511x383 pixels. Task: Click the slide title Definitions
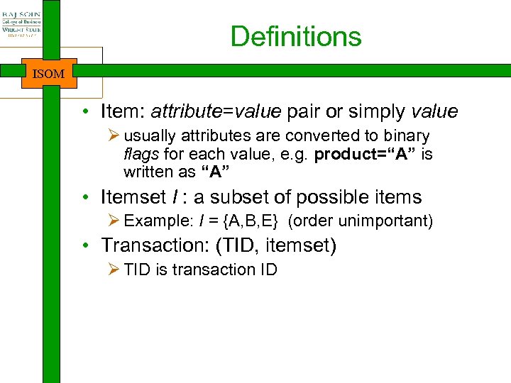coord(296,37)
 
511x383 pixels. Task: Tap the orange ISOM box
coord(49,73)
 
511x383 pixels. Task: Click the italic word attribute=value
coord(216,112)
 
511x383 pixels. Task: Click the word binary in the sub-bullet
coord(405,136)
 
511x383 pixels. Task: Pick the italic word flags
coord(141,154)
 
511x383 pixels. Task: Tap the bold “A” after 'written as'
coord(220,172)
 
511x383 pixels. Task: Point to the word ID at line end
coord(268,270)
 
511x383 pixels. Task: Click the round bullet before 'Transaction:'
coord(84,247)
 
